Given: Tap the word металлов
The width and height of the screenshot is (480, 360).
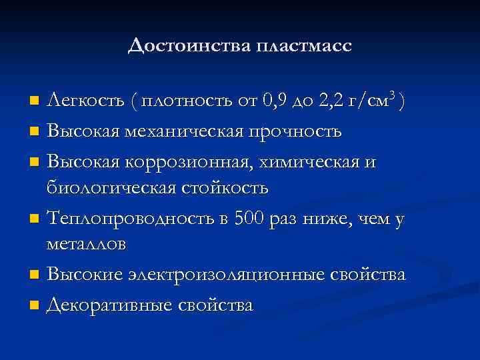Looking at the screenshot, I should tap(85, 246).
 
